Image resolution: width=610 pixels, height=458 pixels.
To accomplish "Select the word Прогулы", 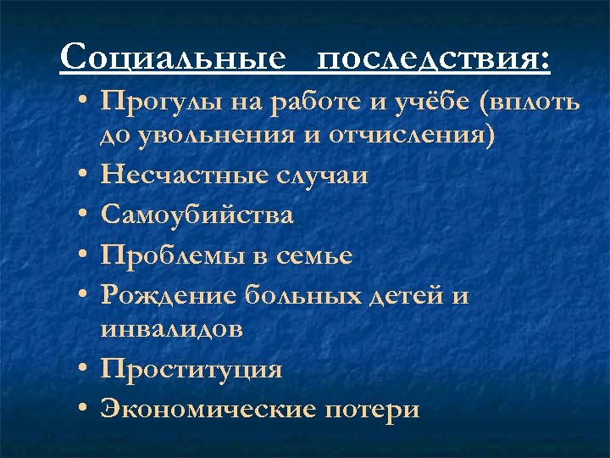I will tap(151, 103).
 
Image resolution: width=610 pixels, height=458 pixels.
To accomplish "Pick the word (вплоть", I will tap(530, 103).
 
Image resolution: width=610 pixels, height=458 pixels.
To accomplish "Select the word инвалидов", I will tap(171, 328).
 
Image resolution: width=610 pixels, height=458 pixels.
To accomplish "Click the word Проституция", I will tap(191, 369).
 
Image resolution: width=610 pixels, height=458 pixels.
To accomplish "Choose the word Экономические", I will tap(207, 409).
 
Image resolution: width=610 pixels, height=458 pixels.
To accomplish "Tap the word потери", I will tap(372, 409).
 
